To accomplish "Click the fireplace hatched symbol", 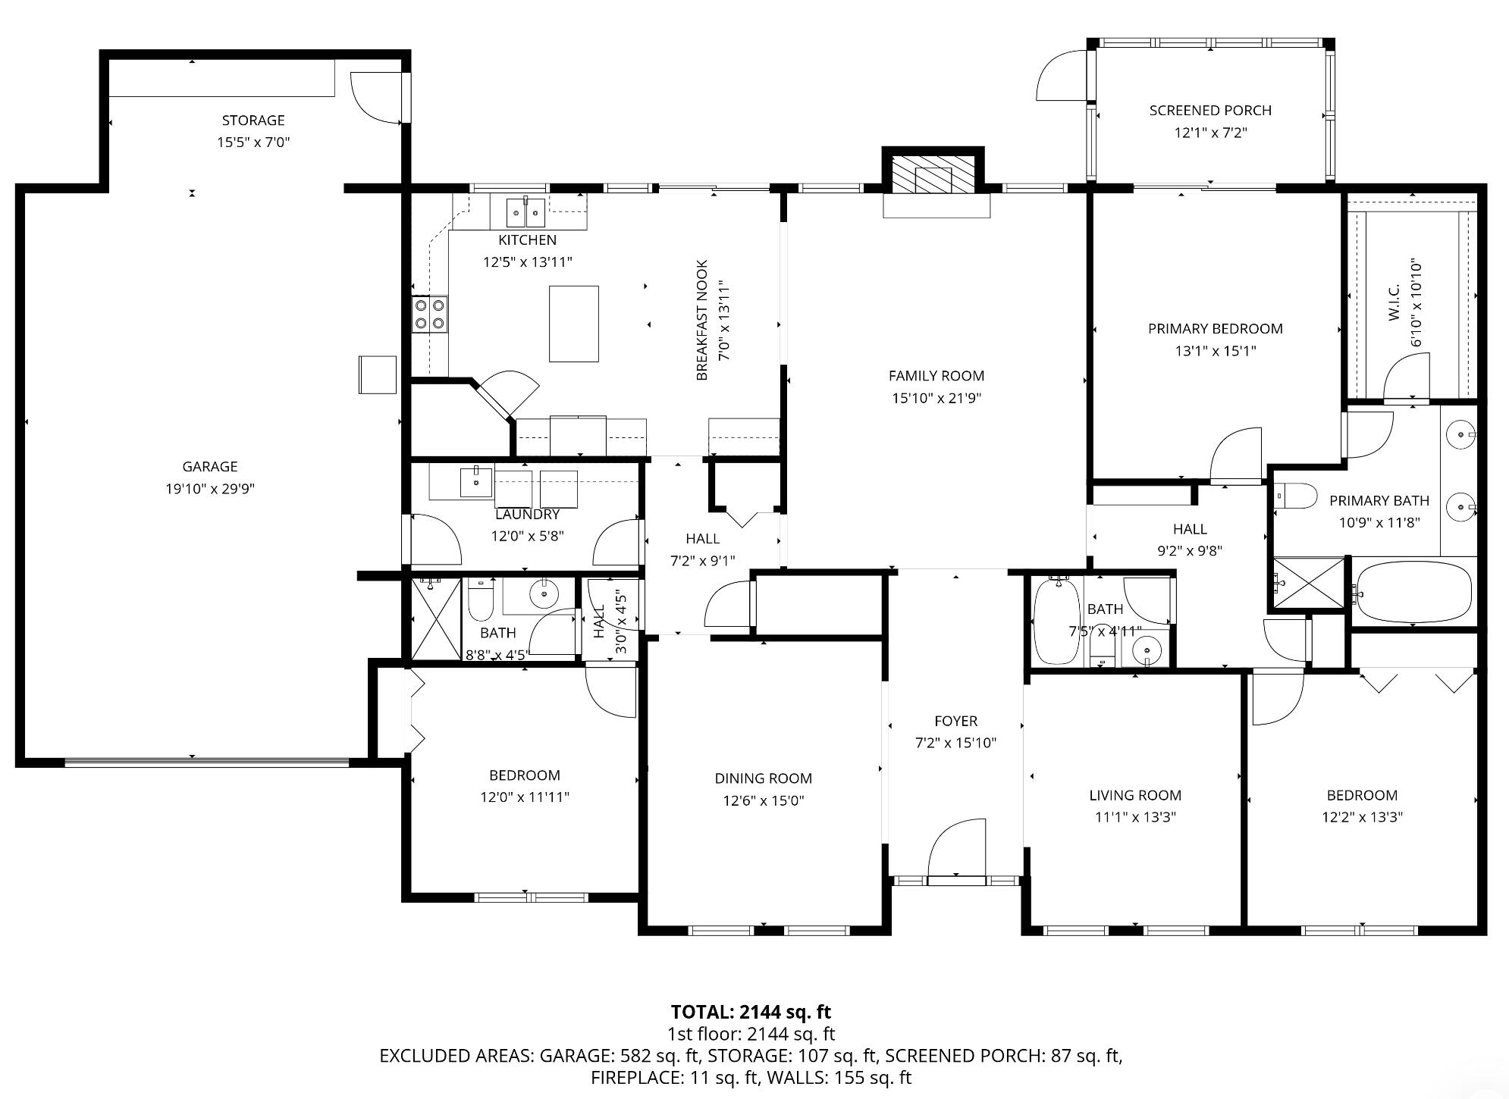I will [x=932, y=177].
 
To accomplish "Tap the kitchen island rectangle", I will [x=574, y=324].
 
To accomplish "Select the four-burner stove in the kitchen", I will [x=429, y=315].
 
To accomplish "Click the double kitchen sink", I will [x=525, y=211].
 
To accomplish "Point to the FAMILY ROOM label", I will [x=936, y=376].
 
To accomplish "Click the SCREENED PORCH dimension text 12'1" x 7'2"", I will [x=1210, y=133].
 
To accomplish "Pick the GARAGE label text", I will [x=210, y=467].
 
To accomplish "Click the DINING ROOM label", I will [x=763, y=778].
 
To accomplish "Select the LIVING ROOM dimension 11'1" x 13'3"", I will [x=1134, y=817].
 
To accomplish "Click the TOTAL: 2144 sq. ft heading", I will [x=751, y=1012].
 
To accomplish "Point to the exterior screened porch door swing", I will [x=1062, y=76].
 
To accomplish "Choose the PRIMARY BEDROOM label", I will [x=1215, y=329].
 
